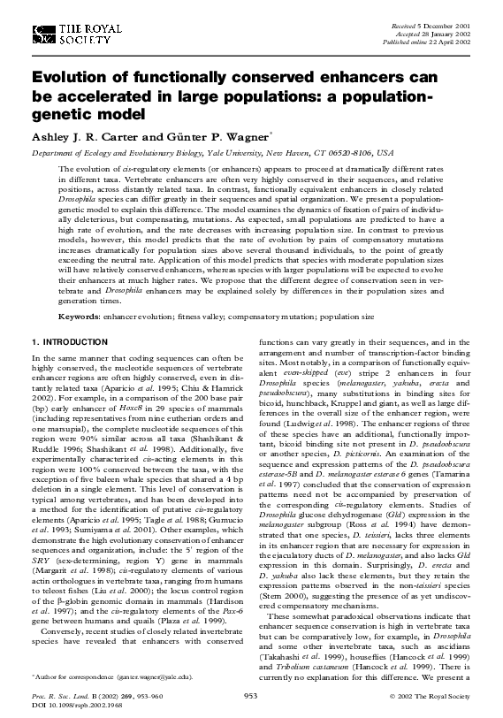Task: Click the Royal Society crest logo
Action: (41, 34)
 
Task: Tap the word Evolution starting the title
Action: (74, 80)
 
